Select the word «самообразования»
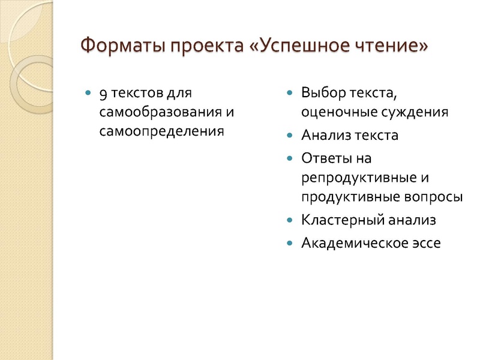pos(154,112)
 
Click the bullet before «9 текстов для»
pos(89,94)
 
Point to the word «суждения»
pos(415,112)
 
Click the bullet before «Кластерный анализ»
pos(290,220)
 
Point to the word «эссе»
pos(424,243)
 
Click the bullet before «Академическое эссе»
pos(290,244)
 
